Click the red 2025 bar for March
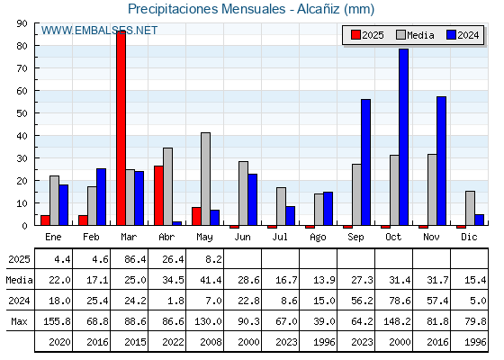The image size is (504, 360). pos(121,128)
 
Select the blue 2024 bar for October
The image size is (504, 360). pos(404,137)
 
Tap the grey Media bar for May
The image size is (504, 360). pos(206,179)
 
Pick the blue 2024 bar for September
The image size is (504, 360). pos(365,162)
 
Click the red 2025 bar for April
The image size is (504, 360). pos(158,195)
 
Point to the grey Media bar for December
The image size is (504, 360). pos(470,208)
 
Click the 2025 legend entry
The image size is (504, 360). pos(367,35)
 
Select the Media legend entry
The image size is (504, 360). pos(415,35)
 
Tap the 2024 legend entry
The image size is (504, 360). pos(463,35)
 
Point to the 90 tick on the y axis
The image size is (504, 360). pos(22,23)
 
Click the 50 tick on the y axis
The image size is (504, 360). pos(22,113)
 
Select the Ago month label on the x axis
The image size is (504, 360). pos(318,238)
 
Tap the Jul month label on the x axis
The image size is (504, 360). pos(280,237)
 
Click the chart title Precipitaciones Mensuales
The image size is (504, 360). pos(206,9)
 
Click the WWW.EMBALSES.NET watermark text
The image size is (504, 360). pos(99,31)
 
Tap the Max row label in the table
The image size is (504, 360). pos(19,321)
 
